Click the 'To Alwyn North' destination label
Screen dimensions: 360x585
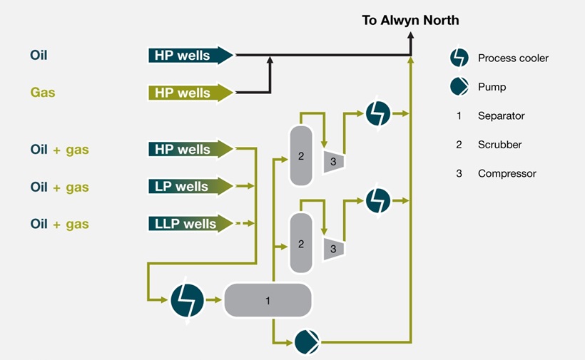click(410, 20)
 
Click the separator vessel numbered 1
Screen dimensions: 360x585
click(268, 300)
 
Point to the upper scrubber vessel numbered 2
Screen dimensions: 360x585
click(301, 154)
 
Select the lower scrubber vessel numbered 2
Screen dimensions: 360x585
click(301, 243)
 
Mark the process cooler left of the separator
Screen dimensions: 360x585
click(188, 300)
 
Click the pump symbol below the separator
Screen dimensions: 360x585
click(307, 342)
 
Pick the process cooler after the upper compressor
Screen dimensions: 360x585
click(377, 113)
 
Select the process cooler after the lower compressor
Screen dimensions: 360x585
click(377, 200)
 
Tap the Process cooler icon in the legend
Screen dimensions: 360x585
click(458, 58)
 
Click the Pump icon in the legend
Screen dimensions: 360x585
click(458, 87)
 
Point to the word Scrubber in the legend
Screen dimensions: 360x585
click(499, 145)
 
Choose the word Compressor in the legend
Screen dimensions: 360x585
click(507, 173)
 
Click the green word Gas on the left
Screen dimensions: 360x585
click(43, 93)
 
